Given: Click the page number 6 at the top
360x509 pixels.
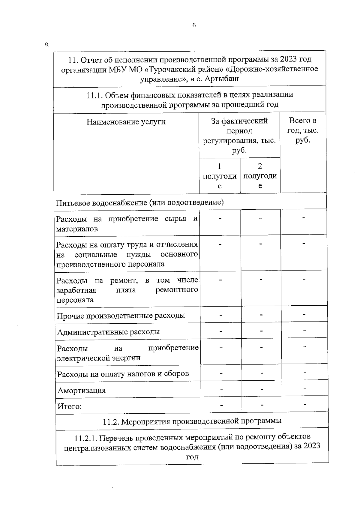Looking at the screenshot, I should [x=194, y=25].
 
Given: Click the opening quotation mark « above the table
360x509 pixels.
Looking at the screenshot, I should [x=46, y=45].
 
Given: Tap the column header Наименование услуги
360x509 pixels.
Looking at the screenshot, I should [x=126, y=122].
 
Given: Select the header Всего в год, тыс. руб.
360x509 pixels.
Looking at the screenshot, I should [x=303, y=130].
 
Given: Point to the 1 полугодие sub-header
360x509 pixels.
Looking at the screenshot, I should [x=220, y=176].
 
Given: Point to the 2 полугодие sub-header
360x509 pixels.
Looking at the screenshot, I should [x=260, y=176].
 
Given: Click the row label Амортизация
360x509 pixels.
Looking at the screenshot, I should [x=82, y=391].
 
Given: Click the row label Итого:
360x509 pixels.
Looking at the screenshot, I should [x=70, y=406].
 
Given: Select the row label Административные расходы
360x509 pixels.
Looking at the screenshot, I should [x=108, y=332].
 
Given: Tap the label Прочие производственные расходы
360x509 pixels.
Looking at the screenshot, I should [x=121, y=316].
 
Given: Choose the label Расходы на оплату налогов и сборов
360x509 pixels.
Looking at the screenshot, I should [x=123, y=374].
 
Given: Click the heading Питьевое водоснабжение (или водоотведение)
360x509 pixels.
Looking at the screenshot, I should [x=140, y=202].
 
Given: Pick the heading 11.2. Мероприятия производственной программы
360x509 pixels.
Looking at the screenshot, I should [x=192, y=421].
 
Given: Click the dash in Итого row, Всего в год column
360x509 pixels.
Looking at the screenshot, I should [x=305, y=405].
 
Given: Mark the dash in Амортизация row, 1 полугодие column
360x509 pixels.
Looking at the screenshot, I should [x=221, y=389].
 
